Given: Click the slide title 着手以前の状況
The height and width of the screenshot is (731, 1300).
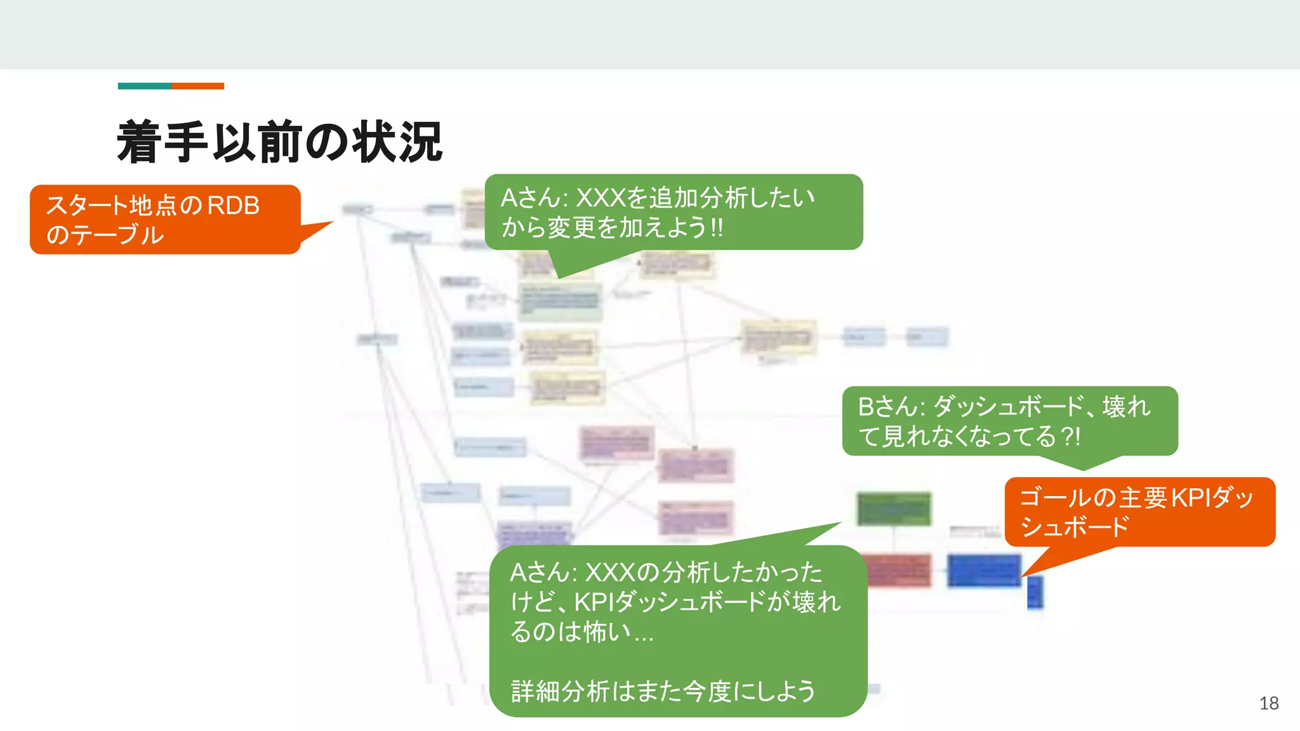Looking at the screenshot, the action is [x=279, y=142].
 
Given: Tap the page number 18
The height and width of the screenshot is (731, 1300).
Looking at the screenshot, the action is [x=1268, y=703].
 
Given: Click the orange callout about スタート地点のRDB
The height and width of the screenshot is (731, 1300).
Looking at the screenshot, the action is [x=165, y=220].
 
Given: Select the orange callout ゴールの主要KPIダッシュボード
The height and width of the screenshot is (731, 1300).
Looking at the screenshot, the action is [x=1139, y=511].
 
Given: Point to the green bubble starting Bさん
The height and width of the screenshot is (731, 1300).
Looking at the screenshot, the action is [x=1009, y=421].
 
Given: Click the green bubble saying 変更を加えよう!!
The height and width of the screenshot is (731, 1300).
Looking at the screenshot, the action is [x=673, y=212].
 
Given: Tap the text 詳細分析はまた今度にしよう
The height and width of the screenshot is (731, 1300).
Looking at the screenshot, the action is [x=663, y=691].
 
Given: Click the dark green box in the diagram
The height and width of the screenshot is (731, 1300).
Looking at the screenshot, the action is [x=894, y=508].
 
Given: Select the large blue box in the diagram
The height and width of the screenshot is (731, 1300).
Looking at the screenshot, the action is [x=984, y=570].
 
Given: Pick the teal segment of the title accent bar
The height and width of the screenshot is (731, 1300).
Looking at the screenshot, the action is [x=144, y=86].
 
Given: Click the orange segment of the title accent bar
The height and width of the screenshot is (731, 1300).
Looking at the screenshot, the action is [x=197, y=86].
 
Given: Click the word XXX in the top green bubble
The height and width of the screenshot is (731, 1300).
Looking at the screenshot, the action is [x=600, y=198].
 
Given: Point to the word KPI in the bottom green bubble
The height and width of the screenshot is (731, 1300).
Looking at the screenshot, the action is [x=594, y=602].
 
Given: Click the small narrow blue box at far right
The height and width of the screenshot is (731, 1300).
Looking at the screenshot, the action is [x=1035, y=591].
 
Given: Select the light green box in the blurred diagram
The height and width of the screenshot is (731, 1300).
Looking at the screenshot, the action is [x=560, y=301].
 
